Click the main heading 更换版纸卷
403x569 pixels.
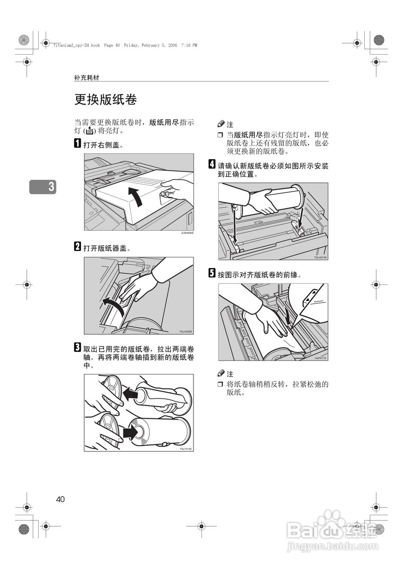(x=105, y=99)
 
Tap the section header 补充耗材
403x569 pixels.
(x=87, y=78)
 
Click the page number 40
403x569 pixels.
(x=60, y=499)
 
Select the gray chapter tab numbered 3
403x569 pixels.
(x=43, y=187)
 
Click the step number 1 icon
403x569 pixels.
(x=77, y=143)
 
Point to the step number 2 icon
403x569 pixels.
(x=77, y=246)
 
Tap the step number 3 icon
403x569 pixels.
(x=77, y=347)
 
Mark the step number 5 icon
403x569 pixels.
(x=212, y=273)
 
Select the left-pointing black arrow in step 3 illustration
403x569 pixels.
(x=130, y=393)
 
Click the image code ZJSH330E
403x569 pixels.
(x=187, y=233)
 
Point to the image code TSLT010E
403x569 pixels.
(x=186, y=449)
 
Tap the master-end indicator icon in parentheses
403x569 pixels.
(x=89, y=131)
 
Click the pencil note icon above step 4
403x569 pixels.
(x=221, y=124)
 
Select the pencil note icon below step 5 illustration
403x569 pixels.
(x=221, y=373)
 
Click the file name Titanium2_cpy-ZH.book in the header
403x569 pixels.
(x=77, y=45)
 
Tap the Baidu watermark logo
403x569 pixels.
(x=333, y=529)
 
